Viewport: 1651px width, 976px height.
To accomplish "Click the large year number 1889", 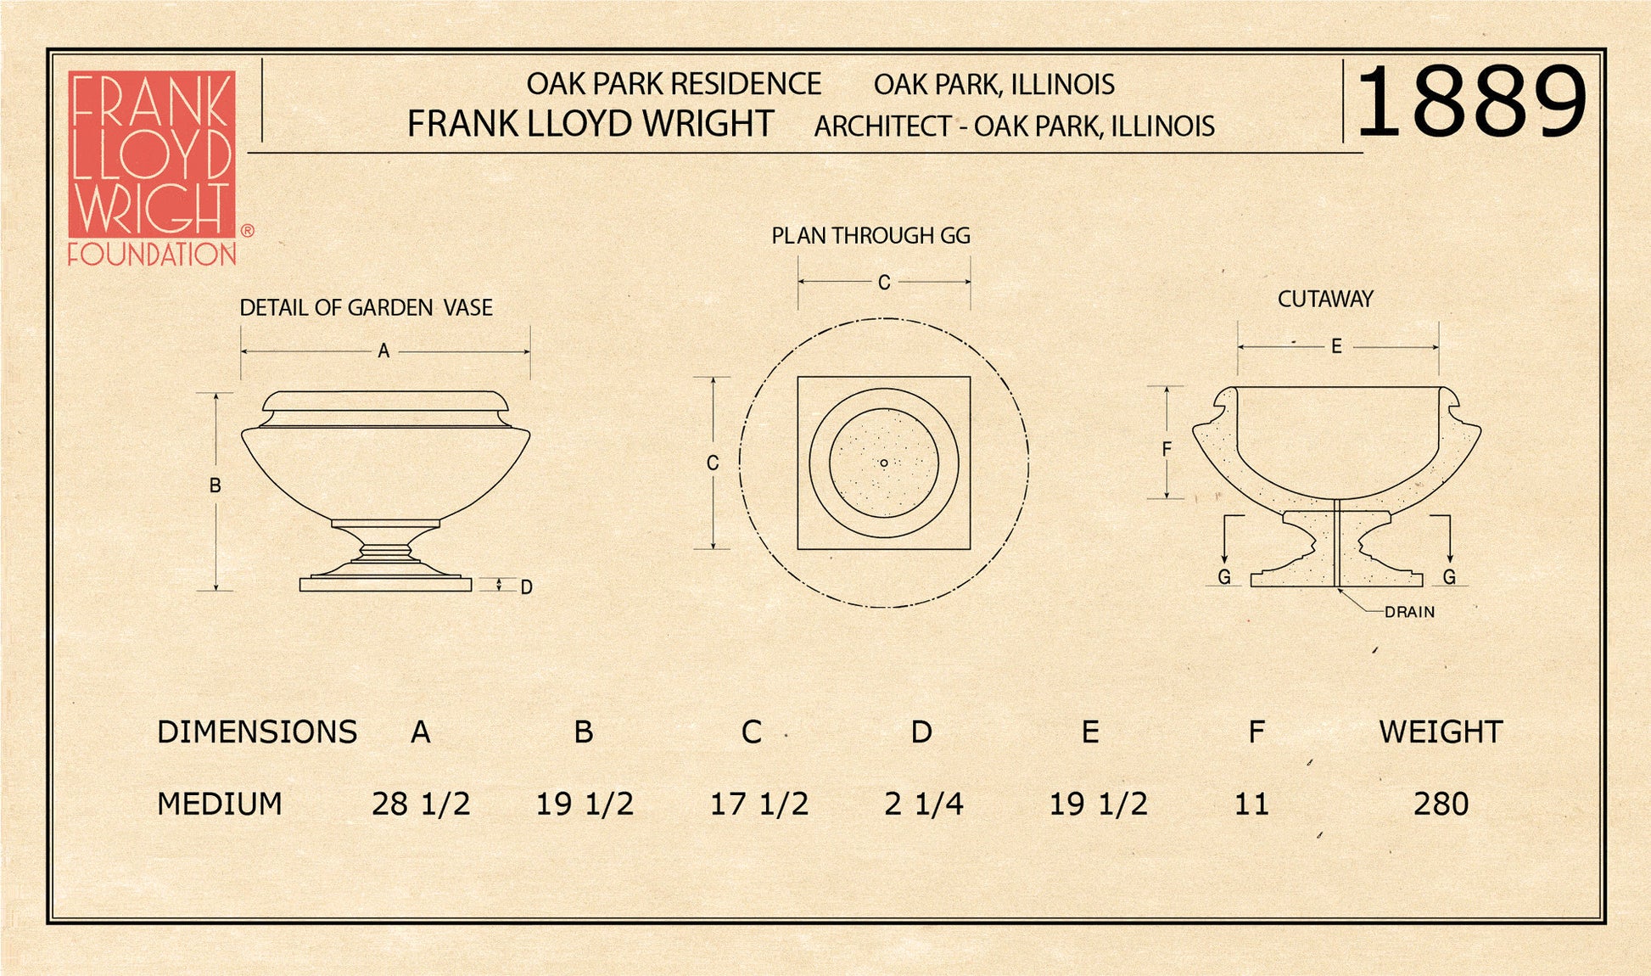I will click(x=1470, y=103).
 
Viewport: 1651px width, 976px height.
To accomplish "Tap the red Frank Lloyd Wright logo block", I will click(x=151, y=154).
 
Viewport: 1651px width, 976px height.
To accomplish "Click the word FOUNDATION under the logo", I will click(x=152, y=254).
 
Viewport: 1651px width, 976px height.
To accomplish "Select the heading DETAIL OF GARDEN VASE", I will click(x=366, y=307).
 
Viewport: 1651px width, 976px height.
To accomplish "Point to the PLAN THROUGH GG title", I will click(x=870, y=236).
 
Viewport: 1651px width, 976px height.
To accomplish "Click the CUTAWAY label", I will click(x=1325, y=299).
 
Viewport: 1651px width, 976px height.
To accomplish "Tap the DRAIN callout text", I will click(x=1409, y=612).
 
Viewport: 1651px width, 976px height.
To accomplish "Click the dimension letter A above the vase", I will click(x=383, y=351).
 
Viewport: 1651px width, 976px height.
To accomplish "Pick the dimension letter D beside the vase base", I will click(x=526, y=587).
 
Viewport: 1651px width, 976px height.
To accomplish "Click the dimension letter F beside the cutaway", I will click(x=1167, y=450).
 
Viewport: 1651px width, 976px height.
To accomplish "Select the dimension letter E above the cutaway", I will click(x=1336, y=346).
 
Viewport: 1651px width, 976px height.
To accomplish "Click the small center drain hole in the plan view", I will click(x=884, y=463).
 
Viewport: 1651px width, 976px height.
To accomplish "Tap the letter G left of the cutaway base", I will click(x=1224, y=577).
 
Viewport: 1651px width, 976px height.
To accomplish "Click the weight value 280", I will click(x=1441, y=804).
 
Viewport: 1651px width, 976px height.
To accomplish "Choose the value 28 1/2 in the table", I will click(x=421, y=804).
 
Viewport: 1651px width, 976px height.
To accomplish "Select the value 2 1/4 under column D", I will click(x=923, y=804).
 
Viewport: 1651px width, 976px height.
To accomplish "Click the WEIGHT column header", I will click(x=1441, y=732).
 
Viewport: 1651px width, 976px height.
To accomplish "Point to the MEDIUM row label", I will click(x=220, y=804).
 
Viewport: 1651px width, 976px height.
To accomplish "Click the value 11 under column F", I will click(x=1251, y=804).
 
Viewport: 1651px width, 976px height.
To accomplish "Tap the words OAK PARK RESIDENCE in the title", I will click(x=674, y=84).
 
